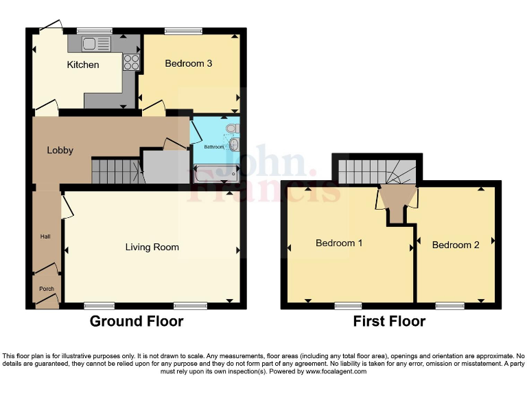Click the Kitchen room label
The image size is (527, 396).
coord(82,65)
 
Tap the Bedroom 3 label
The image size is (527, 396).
coord(188,63)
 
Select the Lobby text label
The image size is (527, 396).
coord(60,150)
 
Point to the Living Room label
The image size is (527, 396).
coord(152,247)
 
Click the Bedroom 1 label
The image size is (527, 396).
coord(339,243)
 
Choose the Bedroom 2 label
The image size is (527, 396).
coord(456,245)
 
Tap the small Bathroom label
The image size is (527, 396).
coord(213,146)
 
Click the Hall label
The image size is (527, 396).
coord(45,236)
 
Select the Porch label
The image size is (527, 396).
coord(46,289)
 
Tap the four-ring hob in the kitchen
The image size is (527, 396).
coord(130,62)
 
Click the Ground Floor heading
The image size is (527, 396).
coord(137,321)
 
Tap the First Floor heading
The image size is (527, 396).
coord(389,321)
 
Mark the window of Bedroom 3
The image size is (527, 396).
coord(183,31)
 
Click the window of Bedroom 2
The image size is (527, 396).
coord(449,305)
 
